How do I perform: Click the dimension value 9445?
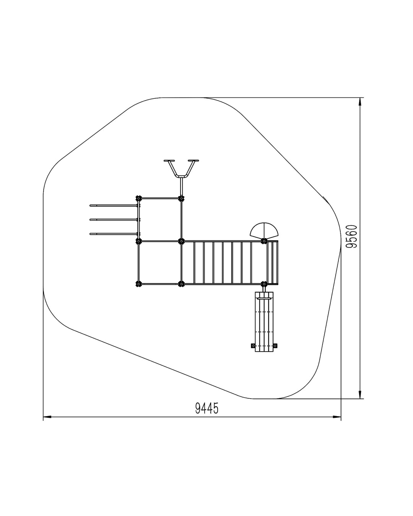(206, 408)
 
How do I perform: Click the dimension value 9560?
(353, 236)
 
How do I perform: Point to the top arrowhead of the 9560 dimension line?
(360, 102)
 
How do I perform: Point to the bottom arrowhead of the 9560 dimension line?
(360, 395)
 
